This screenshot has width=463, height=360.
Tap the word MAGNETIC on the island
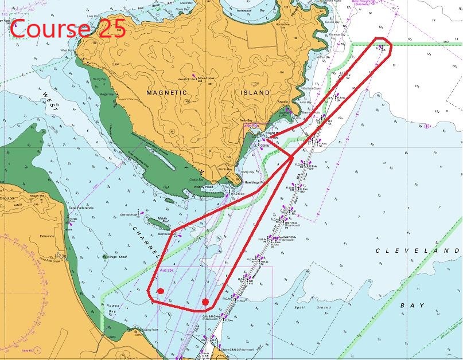click(x=166, y=92)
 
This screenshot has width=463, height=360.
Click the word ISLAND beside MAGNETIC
click(x=255, y=92)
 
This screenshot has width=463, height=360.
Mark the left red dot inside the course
click(x=161, y=291)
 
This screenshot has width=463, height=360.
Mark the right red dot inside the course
click(x=205, y=302)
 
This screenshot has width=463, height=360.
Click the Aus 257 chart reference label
click(x=166, y=270)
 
